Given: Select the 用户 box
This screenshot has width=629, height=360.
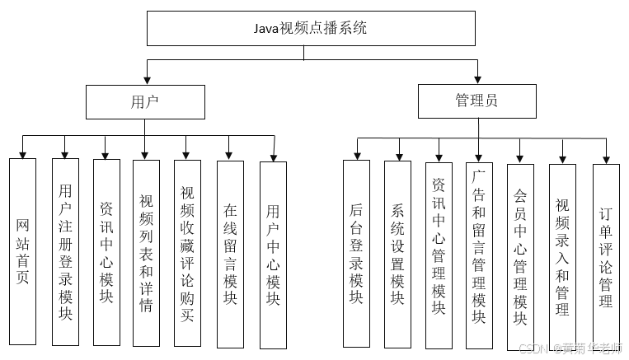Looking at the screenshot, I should [x=144, y=101].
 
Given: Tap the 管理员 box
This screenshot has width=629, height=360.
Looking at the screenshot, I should [x=476, y=101].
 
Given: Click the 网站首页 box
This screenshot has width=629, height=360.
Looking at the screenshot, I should [x=22, y=251].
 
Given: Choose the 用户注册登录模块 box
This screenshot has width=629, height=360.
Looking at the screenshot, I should [x=65, y=251].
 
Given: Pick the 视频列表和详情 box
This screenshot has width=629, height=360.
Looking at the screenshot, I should [x=146, y=252].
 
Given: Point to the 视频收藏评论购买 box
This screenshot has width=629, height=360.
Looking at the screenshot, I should [x=187, y=252].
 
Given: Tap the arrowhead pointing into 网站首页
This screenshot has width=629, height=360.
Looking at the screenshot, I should [x=22, y=153].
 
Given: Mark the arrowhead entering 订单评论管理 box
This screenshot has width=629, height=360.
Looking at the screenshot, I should [x=606, y=158].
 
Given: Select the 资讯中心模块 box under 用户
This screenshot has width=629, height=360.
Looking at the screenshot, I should [x=106, y=251].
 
